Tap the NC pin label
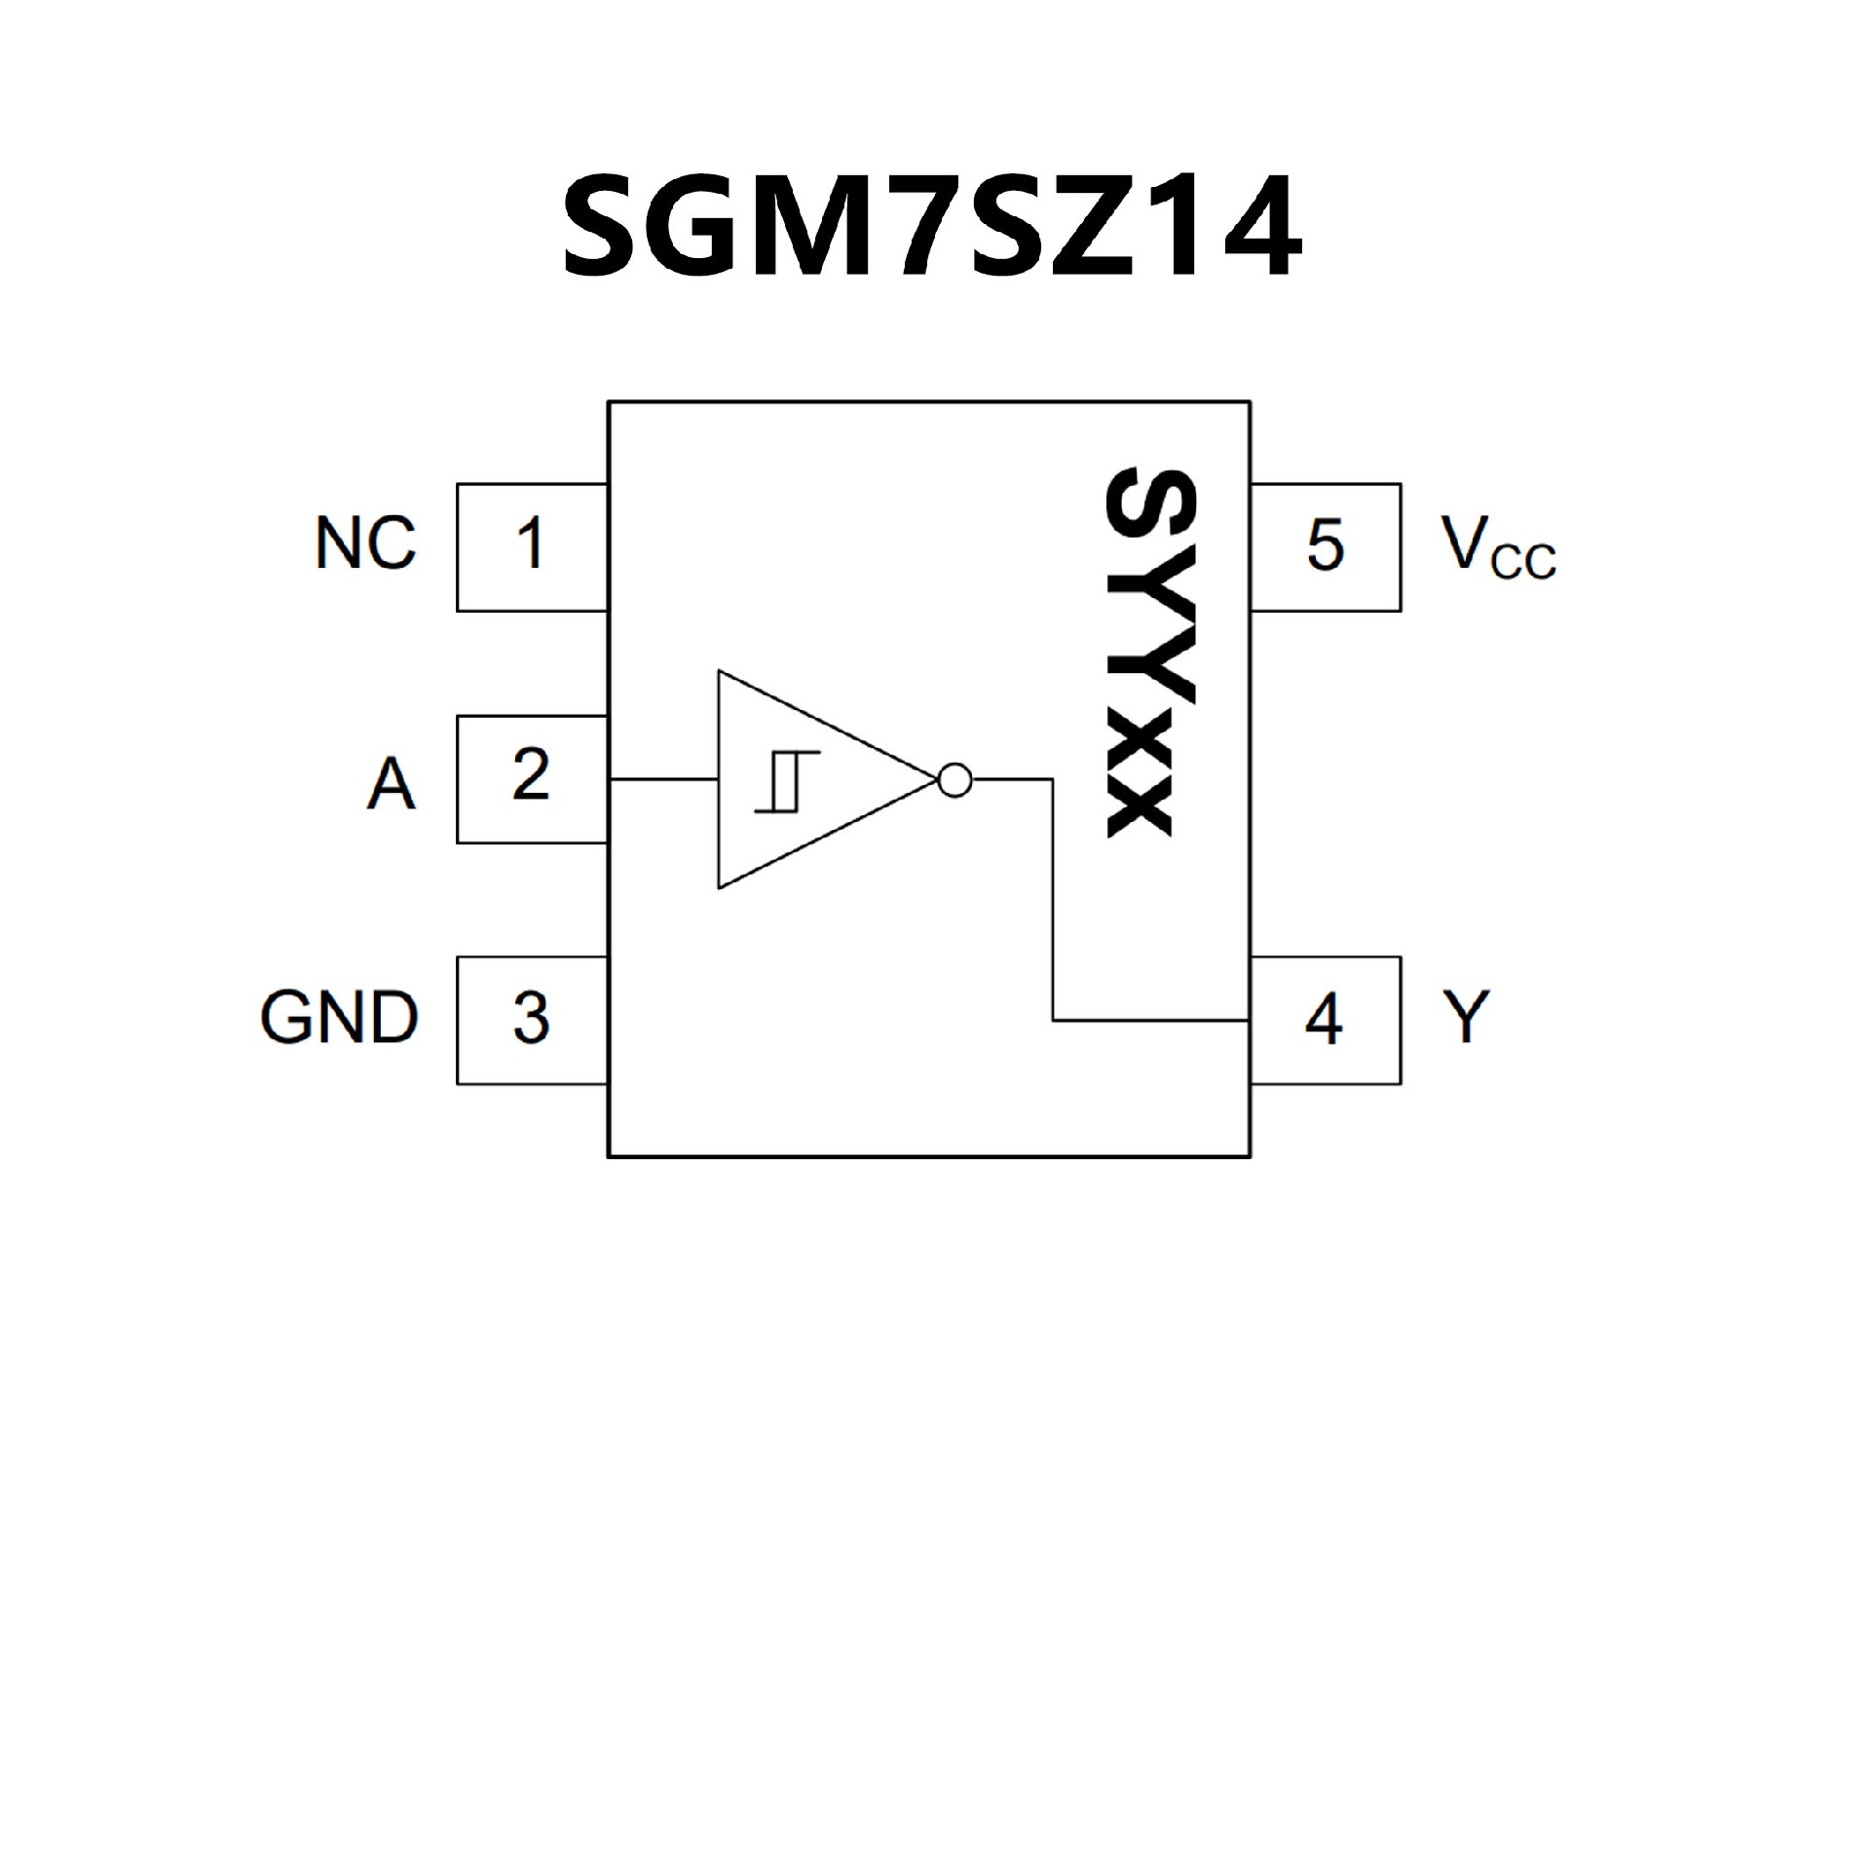[x=366, y=543]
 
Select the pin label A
[x=391, y=784]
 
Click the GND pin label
[x=339, y=1019]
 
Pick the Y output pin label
[x=1467, y=1019]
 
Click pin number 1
[x=531, y=543]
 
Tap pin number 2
[x=531, y=775]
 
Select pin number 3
[x=531, y=1019]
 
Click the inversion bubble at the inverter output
[x=954, y=779]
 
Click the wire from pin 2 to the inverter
[x=663, y=779]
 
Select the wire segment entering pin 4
[x=1149, y=1021]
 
